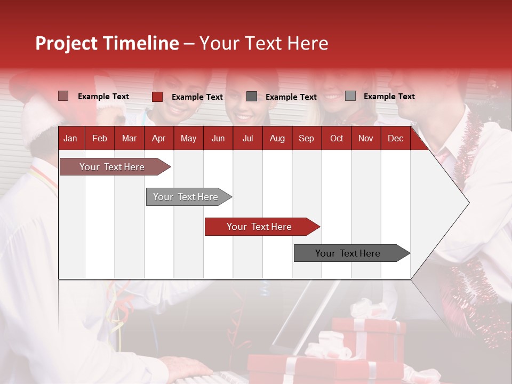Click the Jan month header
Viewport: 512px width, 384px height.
pos(70,139)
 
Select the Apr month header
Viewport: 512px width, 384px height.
pos(158,139)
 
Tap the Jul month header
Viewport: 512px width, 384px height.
pos(247,139)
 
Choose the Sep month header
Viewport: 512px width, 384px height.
pos(306,139)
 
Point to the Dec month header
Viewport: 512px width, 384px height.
pos(395,139)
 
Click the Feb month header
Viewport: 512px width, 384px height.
pos(100,139)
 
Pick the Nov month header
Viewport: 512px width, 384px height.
pos(365,139)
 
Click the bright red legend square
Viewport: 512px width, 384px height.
pos(157,97)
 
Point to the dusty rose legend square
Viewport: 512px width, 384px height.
pos(63,96)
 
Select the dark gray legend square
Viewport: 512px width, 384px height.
pos(252,97)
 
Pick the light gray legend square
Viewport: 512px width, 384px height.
pos(350,96)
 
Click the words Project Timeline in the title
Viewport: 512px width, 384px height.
pos(107,43)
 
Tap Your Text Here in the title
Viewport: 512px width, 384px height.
pos(263,43)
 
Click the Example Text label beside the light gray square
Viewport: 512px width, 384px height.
pos(389,97)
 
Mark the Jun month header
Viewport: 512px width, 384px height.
pos(218,139)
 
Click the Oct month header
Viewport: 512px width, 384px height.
pos(337,139)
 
